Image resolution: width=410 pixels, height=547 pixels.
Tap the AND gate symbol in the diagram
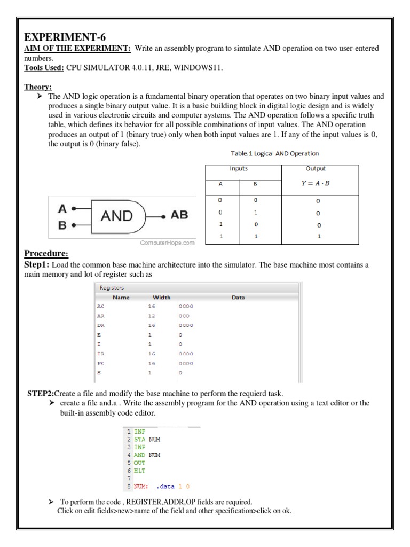(x=118, y=216)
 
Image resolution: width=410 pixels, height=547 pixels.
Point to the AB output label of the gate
(x=179, y=216)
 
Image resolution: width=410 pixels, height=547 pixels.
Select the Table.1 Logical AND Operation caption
(x=275, y=154)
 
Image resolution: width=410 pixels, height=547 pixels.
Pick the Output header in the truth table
(x=316, y=169)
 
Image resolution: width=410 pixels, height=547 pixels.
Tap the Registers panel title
(x=112, y=288)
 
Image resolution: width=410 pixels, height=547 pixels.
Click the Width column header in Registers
(x=161, y=297)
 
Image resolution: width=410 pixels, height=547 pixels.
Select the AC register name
(x=101, y=306)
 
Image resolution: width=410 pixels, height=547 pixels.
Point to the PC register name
(x=101, y=363)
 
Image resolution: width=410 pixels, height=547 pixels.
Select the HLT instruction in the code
(x=139, y=471)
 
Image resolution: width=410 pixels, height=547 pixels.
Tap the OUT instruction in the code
(x=139, y=463)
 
